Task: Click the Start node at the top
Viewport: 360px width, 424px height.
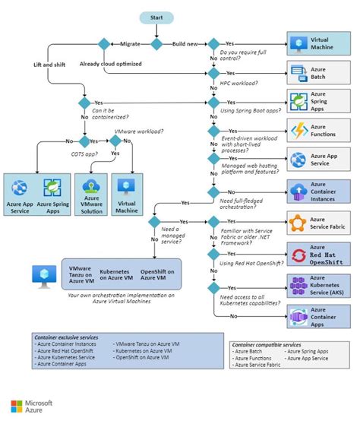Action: (x=156, y=17)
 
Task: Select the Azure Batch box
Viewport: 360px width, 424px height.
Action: (x=308, y=74)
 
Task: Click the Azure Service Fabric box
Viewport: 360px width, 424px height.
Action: (x=308, y=223)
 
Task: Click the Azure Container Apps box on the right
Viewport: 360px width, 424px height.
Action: (x=308, y=316)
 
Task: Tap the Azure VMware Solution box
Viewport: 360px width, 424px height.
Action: (x=91, y=196)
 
